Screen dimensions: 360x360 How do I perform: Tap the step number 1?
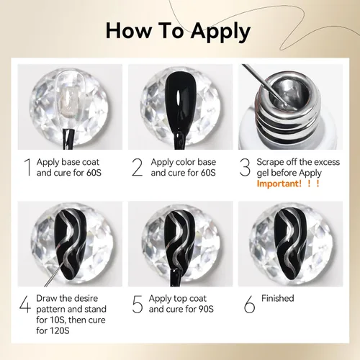pos(28,167)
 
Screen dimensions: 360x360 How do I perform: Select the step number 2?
pos(138,167)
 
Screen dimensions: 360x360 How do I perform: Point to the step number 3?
pos(245,167)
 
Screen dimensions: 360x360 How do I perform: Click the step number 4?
pos(25,304)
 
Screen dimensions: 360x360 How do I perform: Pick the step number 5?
pos(138,304)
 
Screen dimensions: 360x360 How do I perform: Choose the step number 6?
pos(250,304)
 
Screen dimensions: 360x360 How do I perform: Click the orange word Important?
pos(279,184)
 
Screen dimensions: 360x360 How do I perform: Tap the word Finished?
pos(278,298)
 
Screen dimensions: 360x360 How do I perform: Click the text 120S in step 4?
pos(60,330)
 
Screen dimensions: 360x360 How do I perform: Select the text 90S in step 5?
pos(206,309)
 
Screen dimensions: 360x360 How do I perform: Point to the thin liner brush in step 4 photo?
pos(55,274)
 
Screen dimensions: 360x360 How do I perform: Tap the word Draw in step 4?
pos(47,298)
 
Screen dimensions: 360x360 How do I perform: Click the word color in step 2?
pos(181,162)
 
